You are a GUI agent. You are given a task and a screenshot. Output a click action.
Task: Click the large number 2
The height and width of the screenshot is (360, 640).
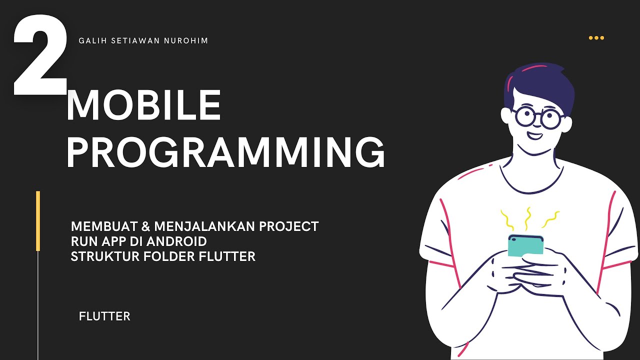tap(40, 56)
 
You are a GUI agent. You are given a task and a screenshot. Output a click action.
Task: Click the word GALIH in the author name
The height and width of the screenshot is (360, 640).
tap(90, 41)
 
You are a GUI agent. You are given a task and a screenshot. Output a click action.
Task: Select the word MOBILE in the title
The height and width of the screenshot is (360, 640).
tap(143, 106)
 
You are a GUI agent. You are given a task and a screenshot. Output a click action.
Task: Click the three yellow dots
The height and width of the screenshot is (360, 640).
tap(596, 38)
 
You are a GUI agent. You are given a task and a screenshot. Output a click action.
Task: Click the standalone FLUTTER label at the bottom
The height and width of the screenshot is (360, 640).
tap(104, 316)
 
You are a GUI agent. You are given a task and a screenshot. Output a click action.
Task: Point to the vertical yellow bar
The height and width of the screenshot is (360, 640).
tap(38, 220)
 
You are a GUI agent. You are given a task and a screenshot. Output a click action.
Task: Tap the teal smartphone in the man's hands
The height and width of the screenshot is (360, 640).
tap(525, 245)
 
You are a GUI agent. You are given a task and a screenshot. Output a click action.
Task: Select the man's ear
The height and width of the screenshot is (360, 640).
tap(507, 116)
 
